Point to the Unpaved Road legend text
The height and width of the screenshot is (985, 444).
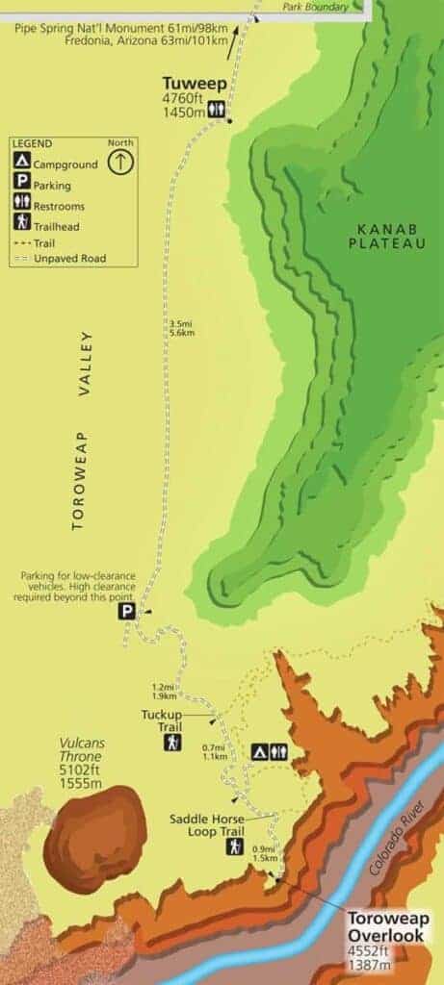[68, 259]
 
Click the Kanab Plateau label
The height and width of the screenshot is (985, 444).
[390, 237]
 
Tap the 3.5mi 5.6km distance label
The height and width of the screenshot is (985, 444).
[182, 329]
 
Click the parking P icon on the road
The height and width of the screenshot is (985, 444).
[126, 611]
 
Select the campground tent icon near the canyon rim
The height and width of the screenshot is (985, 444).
[259, 751]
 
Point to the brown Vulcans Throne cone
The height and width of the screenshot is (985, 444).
[93, 825]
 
